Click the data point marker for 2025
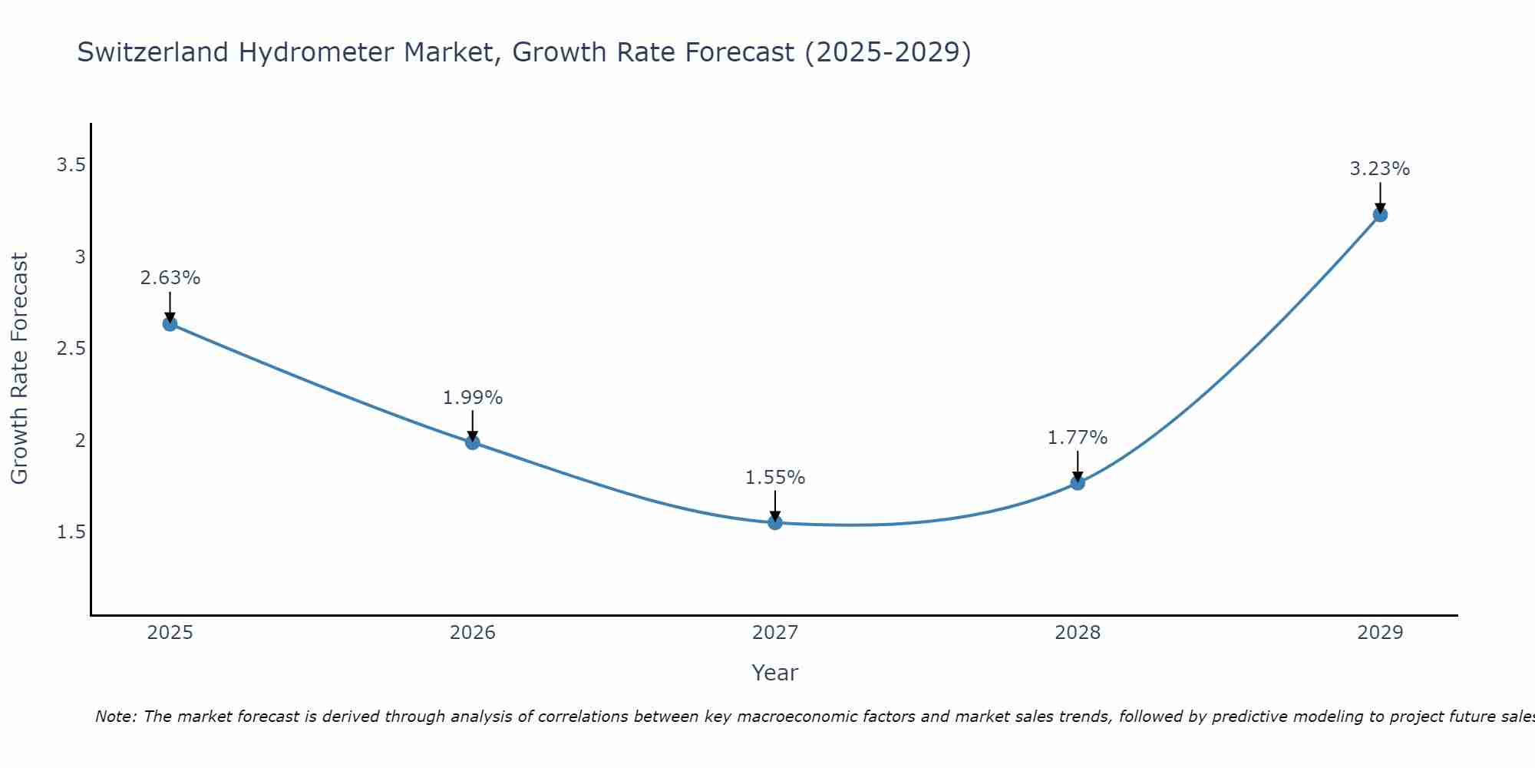170,324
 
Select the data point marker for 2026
472,442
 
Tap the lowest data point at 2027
775,523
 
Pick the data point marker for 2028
1078,483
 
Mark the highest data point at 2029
1380,215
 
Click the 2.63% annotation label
170,278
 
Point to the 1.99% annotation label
472,398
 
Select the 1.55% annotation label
775,478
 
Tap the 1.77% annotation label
1078,438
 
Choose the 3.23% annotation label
1380,169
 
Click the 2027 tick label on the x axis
775,633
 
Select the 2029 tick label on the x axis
1380,633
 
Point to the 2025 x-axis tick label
170,633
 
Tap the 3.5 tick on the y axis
71,165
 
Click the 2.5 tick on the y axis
71,349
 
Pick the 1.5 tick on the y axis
71,532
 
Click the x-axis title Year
775,673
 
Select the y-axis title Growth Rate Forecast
19,369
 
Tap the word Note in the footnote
115,717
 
